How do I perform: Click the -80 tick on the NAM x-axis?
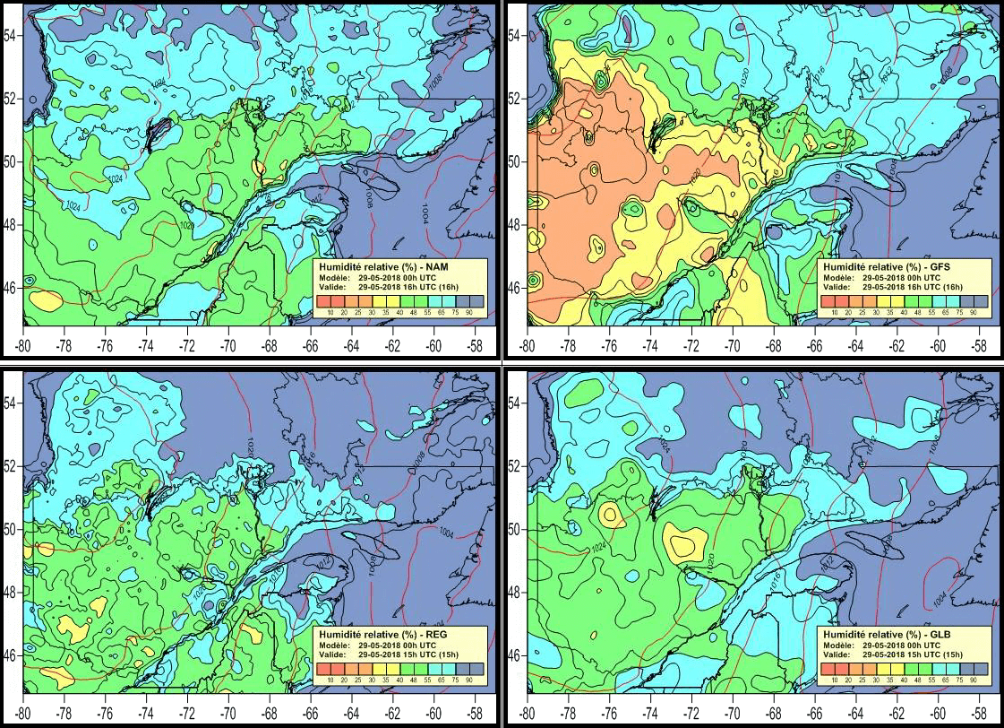coord(23,345)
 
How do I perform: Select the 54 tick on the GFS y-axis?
coord(515,35)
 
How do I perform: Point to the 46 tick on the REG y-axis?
coord(11,655)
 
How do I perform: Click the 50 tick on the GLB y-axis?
coord(515,529)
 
